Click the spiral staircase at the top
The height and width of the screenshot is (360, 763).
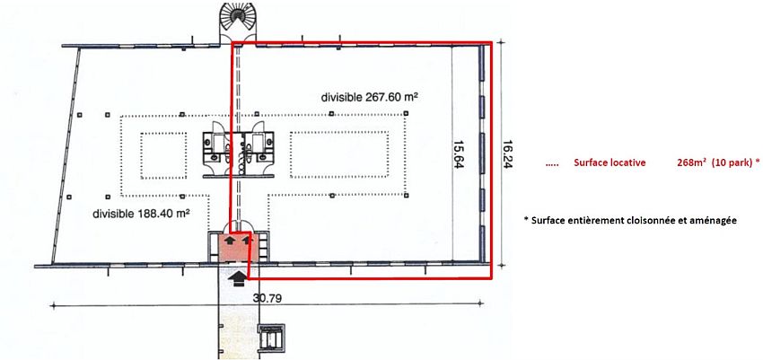coord(238,22)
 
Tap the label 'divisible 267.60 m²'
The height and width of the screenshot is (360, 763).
coord(371,97)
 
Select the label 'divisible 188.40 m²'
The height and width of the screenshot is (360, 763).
coord(141,213)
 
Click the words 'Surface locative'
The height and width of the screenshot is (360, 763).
coord(610,163)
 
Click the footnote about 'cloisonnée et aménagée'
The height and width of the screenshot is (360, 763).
coord(630,220)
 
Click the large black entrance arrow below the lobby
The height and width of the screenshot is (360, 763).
coord(238,279)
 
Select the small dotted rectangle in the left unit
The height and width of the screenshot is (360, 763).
coord(163,155)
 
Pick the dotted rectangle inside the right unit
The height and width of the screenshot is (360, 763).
coord(339,154)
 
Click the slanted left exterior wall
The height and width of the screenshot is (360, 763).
coord(67,155)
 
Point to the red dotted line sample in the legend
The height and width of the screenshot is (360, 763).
coord(552,165)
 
